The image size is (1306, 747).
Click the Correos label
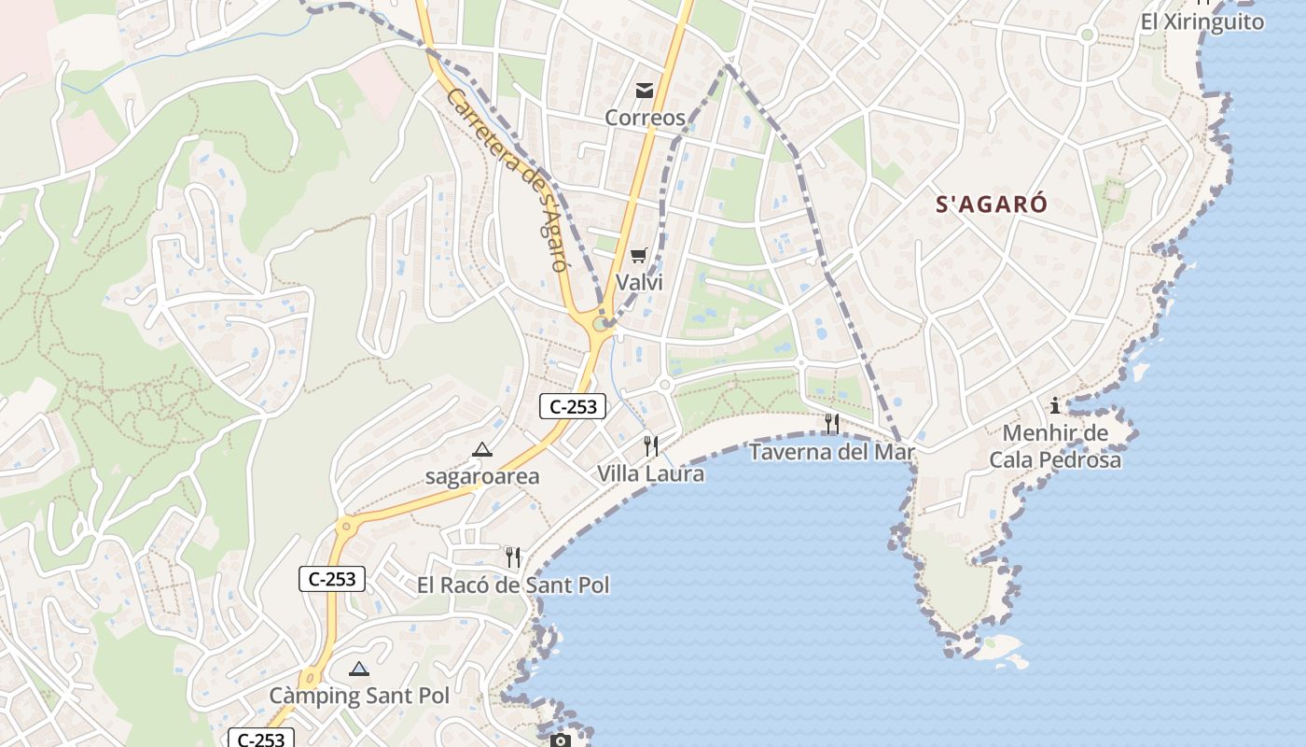[x=645, y=118]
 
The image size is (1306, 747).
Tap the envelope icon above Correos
[x=644, y=91]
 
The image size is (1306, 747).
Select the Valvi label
[x=639, y=282]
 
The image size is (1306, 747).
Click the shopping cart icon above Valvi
[x=639, y=255]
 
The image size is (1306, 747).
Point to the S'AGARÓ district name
[x=992, y=204]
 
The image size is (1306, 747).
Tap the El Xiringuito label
[x=1202, y=21]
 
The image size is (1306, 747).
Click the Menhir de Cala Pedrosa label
[x=1055, y=446]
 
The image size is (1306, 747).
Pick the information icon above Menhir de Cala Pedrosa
[x=1055, y=405]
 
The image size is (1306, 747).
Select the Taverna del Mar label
[x=831, y=452]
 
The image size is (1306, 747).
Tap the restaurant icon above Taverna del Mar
[x=831, y=424]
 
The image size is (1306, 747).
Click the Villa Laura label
[x=651, y=473]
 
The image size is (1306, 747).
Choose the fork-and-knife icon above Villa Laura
[x=651, y=446]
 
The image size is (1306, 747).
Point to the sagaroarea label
[x=482, y=476]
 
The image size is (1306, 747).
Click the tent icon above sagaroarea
[x=482, y=449]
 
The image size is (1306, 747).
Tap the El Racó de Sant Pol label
[x=512, y=585]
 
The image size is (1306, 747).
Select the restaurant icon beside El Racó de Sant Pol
[x=512, y=557]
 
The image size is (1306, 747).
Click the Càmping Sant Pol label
[x=359, y=696]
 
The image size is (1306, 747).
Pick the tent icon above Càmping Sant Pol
[x=359, y=669]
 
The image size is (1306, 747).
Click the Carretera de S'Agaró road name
[x=507, y=178]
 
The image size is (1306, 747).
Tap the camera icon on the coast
[x=560, y=740]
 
